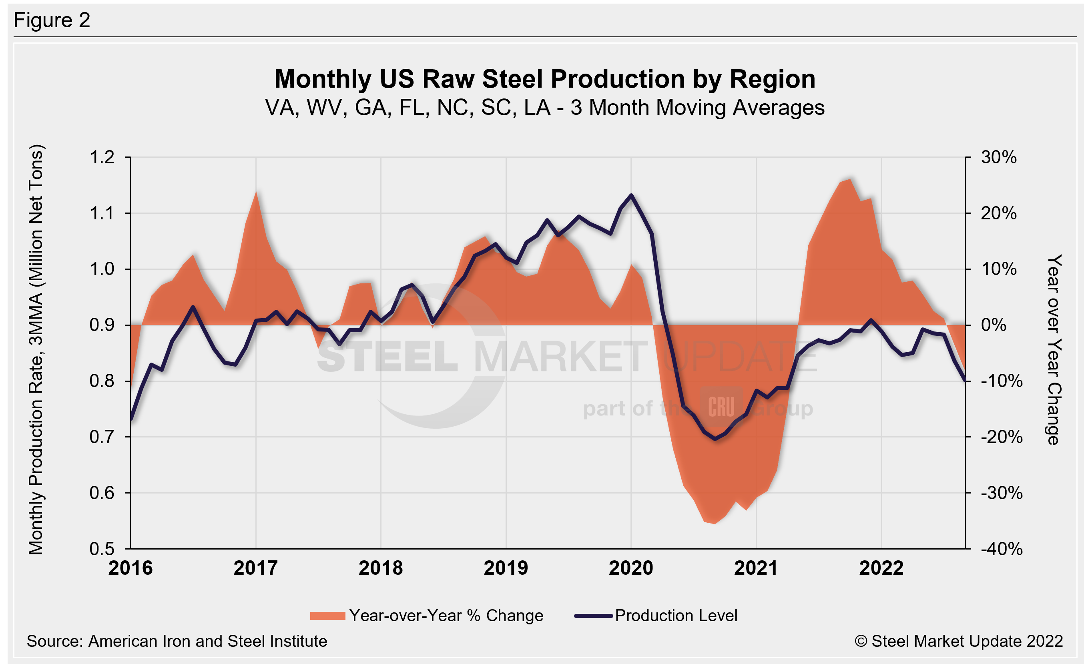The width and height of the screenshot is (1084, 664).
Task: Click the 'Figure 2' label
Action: point(52,20)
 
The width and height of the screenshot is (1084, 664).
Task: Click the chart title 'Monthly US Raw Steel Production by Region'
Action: point(545,79)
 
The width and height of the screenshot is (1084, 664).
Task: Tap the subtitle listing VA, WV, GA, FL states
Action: point(545,108)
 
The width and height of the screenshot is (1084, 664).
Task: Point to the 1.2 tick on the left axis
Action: point(102,157)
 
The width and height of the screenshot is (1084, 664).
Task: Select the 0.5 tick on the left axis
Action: point(102,549)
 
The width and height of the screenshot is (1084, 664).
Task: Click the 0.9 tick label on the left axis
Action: point(102,325)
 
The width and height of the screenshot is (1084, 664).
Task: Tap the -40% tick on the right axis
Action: point(1001,549)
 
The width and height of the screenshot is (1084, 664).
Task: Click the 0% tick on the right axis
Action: point(994,325)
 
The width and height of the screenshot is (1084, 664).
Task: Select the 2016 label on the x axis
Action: point(130,568)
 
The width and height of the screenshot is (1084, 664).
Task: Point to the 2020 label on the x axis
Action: point(631,568)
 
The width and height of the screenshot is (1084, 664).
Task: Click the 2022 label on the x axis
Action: point(881,568)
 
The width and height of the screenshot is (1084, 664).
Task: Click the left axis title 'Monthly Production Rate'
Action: point(36,349)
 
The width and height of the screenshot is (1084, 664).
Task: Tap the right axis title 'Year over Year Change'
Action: point(1054,349)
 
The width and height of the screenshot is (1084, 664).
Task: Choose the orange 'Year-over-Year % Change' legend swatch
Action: point(327,616)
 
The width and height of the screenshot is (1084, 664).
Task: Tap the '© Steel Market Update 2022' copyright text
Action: point(959,641)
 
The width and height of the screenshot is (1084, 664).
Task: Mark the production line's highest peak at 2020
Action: point(631,195)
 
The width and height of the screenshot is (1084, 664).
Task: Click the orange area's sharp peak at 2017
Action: point(256,192)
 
